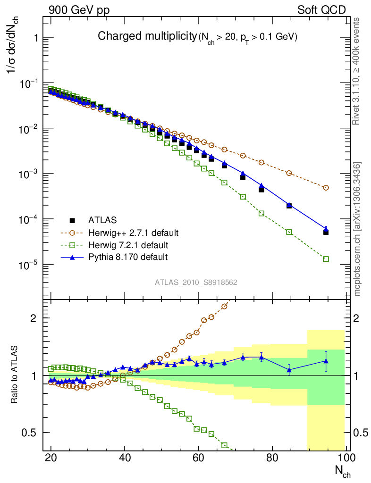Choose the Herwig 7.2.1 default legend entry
(x=128, y=245)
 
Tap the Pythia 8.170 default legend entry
(x=128, y=257)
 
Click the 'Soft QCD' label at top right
(x=321, y=10)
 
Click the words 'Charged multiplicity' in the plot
(x=146, y=36)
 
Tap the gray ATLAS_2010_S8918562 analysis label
(x=196, y=282)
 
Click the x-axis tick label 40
(x=125, y=458)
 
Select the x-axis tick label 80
(x=272, y=458)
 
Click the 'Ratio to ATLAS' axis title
(x=15, y=375)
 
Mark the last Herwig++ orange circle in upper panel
(x=326, y=188)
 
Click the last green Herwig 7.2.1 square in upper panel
(x=326, y=259)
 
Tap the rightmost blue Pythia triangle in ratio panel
(x=326, y=361)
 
